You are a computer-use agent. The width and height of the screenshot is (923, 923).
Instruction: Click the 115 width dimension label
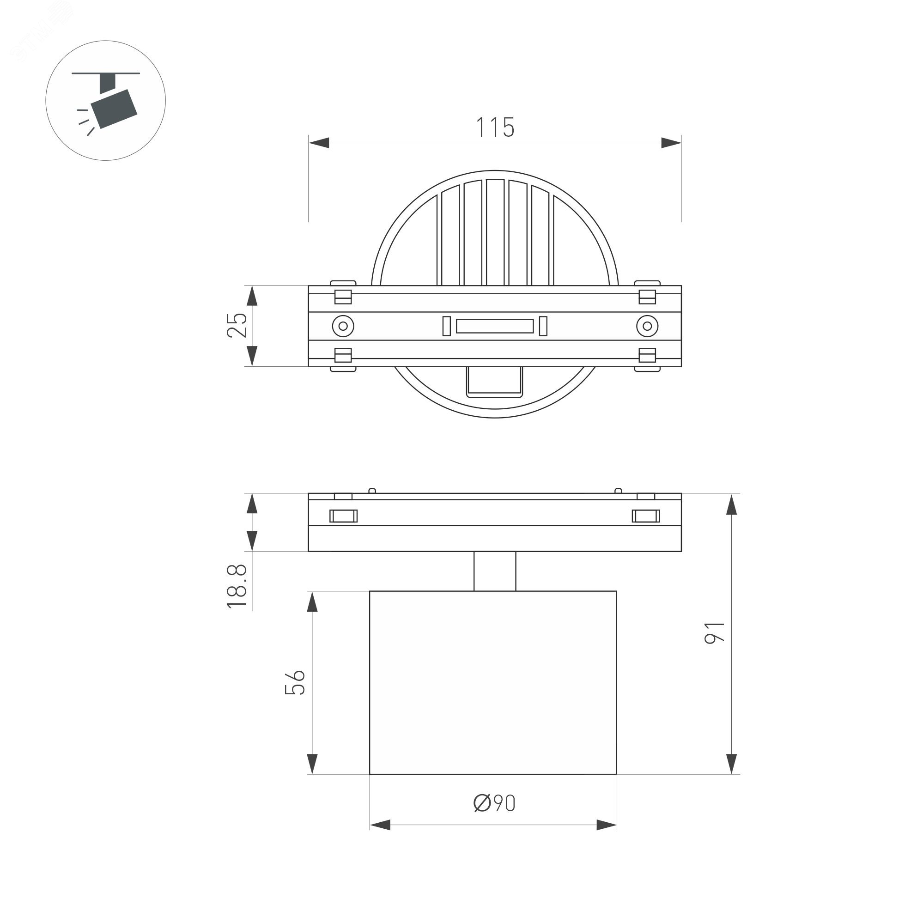tap(495, 127)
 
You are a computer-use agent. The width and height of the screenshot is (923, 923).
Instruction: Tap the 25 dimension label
tap(237, 325)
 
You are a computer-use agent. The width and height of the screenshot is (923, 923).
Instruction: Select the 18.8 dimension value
tap(237, 586)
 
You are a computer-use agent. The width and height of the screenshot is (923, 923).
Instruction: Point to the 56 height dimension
tap(295, 682)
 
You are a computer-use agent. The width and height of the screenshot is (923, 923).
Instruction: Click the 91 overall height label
tap(715, 633)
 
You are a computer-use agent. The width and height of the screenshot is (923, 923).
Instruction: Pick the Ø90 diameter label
tap(494, 803)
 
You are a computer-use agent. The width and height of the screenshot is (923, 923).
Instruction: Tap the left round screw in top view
tap(343, 326)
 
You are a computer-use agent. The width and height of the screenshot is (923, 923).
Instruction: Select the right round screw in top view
tap(647, 326)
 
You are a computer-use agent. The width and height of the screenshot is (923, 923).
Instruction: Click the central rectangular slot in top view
tap(495, 326)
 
